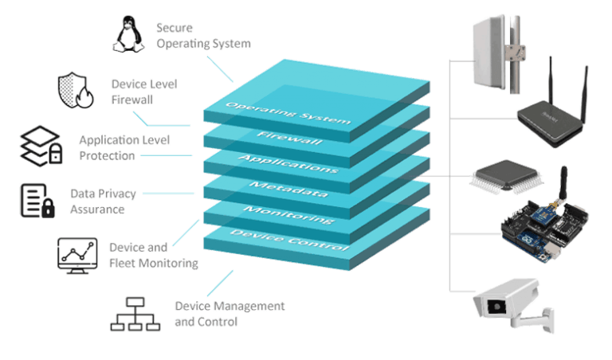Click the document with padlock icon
[x=37, y=200]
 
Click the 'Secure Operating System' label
[x=203, y=36]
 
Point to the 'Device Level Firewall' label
[x=143, y=91]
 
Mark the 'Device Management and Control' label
[x=229, y=314]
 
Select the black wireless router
[x=554, y=114]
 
